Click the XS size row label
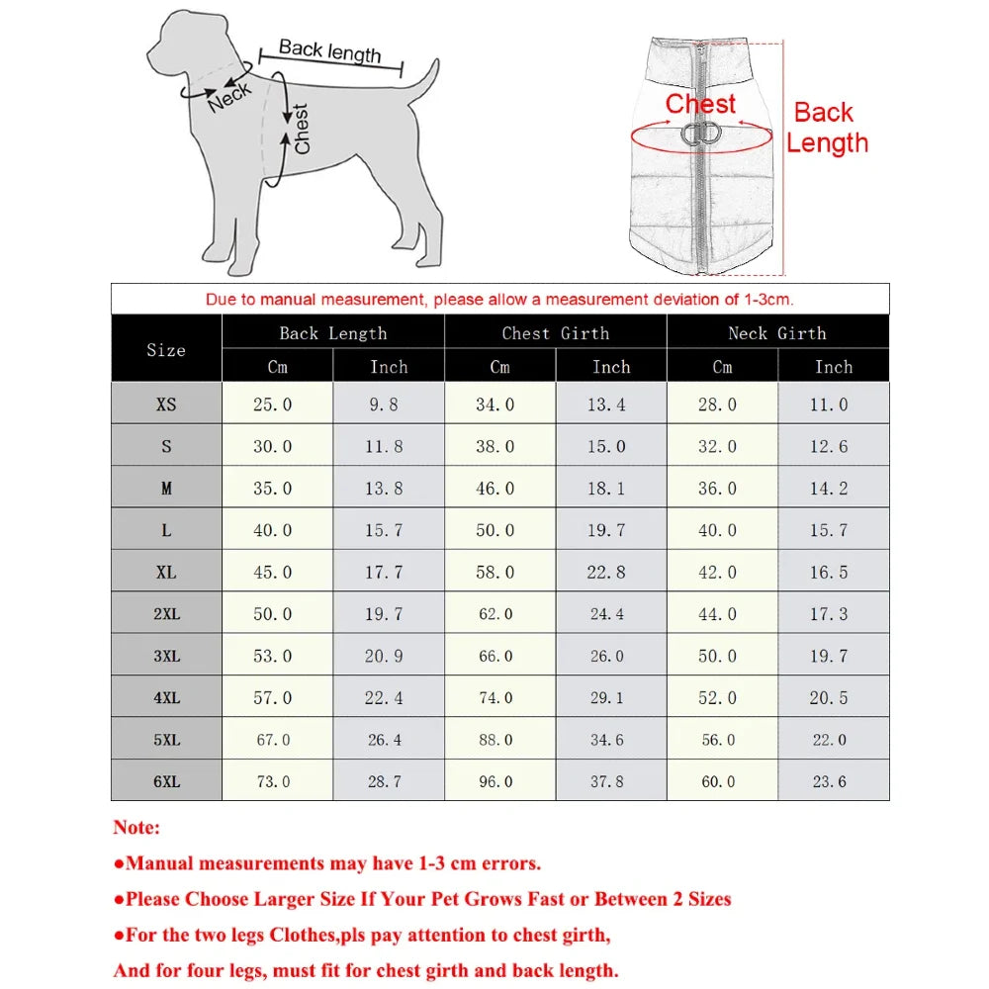[x=166, y=404]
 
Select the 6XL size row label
[x=166, y=780]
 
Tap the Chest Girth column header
[x=555, y=333]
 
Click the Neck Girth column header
[x=777, y=333]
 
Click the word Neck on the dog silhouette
[x=229, y=97]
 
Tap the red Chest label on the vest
[x=700, y=104]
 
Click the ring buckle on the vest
[x=703, y=135]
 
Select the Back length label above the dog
[x=329, y=50]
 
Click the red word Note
[x=136, y=827]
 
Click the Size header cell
[x=166, y=349]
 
